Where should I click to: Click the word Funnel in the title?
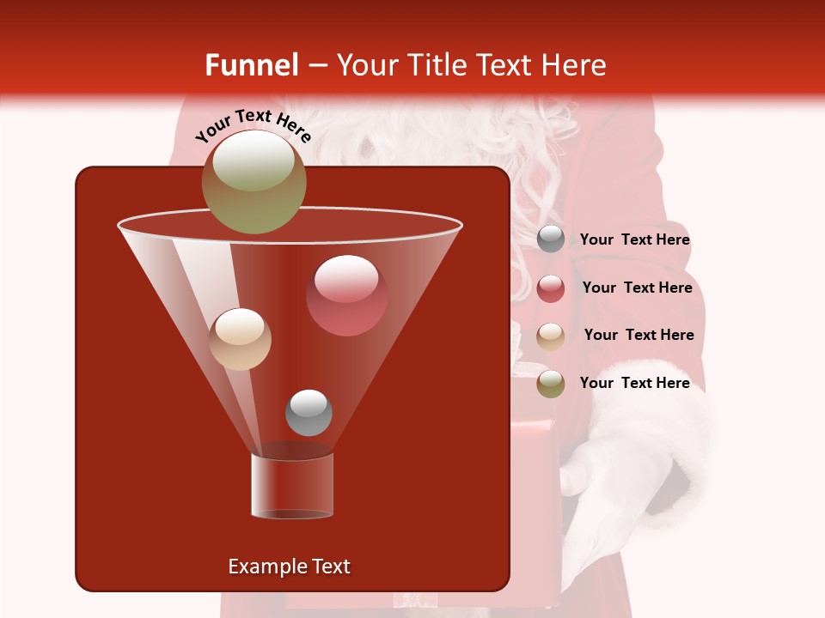tap(251, 65)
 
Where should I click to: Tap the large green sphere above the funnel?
tap(254, 182)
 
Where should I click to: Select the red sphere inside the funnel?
tap(346, 295)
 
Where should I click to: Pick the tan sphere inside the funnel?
tap(240, 339)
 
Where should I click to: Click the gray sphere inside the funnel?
tap(309, 412)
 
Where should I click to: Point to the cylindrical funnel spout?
tap(292, 485)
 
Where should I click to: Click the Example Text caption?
tap(289, 566)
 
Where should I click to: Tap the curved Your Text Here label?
tap(253, 126)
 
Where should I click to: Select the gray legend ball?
tap(551, 239)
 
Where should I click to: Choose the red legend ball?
tap(551, 288)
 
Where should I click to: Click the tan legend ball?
tap(551, 336)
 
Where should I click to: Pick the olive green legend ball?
tap(551, 384)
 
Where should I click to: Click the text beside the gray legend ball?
tap(634, 240)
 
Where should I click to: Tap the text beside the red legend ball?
tap(637, 288)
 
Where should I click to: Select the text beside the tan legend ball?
tap(639, 336)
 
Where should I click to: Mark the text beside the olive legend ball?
tap(634, 384)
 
